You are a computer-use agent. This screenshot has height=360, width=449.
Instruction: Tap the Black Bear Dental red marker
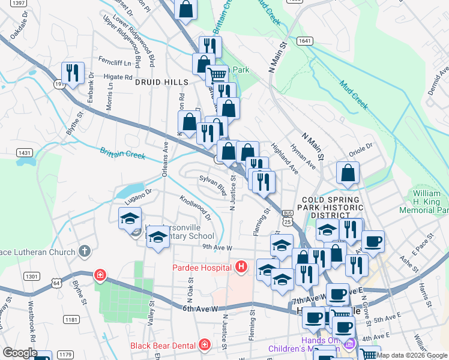pyautogui.click(x=205, y=345)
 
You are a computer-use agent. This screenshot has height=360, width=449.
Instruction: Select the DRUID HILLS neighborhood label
pyautogui.click(x=161, y=82)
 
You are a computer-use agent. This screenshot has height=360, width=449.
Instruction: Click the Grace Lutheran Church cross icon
pyautogui.click(x=85, y=251)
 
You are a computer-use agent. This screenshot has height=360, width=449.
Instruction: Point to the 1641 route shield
pyautogui.click(x=305, y=41)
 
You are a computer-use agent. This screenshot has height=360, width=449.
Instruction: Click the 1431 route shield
pyautogui.click(x=25, y=153)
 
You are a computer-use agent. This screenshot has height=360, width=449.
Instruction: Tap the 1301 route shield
pyautogui.click(x=32, y=277)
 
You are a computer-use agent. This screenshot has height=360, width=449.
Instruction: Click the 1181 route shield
pyautogui.click(x=71, y=320)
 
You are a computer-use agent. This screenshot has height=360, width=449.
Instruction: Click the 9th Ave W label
pyautogui.click(x=217, y=247)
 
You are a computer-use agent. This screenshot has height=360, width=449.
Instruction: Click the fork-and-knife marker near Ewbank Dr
pyautogui.click(x=73, y=73)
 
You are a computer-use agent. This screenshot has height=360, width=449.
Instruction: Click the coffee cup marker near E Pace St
pyautogui.click(x=373, y=241)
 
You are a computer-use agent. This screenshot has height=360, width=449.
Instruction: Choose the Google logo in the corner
pyautogui.click(x=20, y=353)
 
